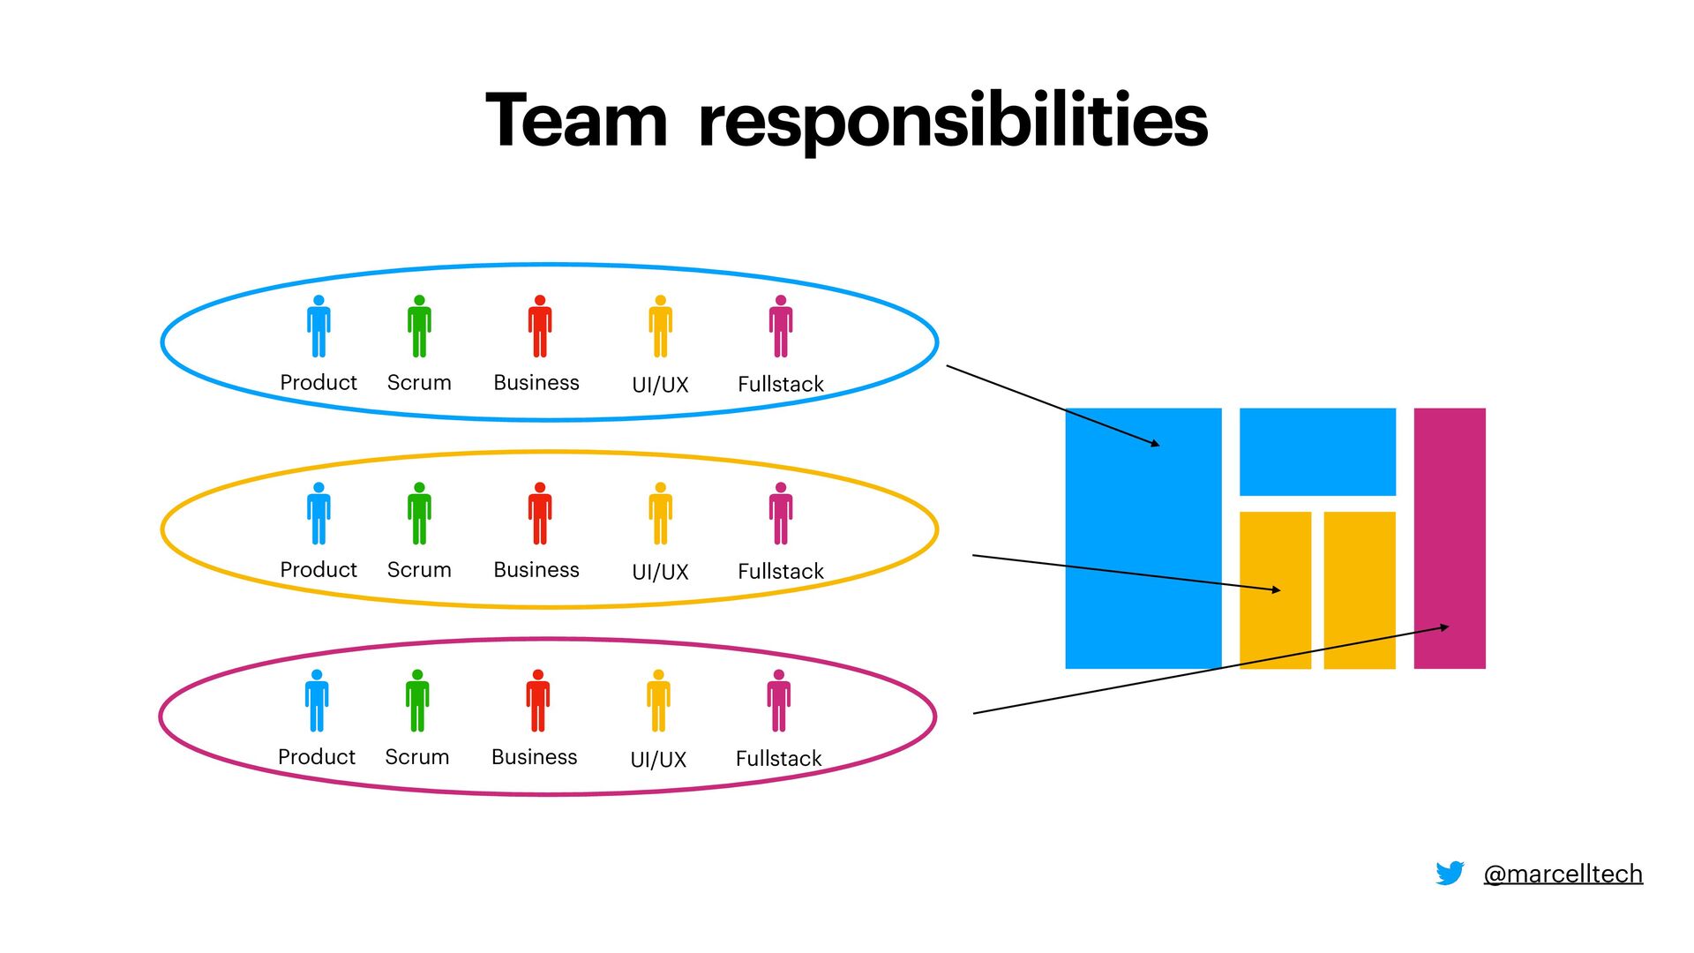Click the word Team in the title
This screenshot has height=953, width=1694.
[576, 121]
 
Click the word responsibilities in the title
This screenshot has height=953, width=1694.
[953, 124]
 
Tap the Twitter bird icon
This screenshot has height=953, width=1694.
[1450, 873]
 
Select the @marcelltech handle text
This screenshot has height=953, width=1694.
[1563, 874]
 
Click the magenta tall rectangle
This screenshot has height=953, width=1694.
[1449, 537]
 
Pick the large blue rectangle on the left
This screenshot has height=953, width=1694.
[1143, 537]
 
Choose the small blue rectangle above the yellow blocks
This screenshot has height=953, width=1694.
[1317, 451]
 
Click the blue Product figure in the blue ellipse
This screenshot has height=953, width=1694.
[319, 326]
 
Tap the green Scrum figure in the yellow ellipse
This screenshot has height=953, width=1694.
[419, 514]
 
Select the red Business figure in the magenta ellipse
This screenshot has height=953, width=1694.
[537, 701]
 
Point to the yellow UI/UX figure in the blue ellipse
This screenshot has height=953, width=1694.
[660, 326]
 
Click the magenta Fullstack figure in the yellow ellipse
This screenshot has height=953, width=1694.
[781, 514]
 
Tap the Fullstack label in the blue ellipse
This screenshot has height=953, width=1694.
[781, 384]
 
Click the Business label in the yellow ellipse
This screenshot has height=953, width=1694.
[536, 570]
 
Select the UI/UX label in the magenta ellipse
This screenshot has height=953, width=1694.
[658, 759]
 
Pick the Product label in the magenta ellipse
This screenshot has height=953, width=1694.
[317, 757]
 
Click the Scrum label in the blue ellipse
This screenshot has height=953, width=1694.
[419, 383]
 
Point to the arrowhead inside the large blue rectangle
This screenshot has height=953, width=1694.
[1156, 444]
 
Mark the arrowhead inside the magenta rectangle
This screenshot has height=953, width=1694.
[1444, 627]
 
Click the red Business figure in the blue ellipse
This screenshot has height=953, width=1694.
[540, 326]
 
